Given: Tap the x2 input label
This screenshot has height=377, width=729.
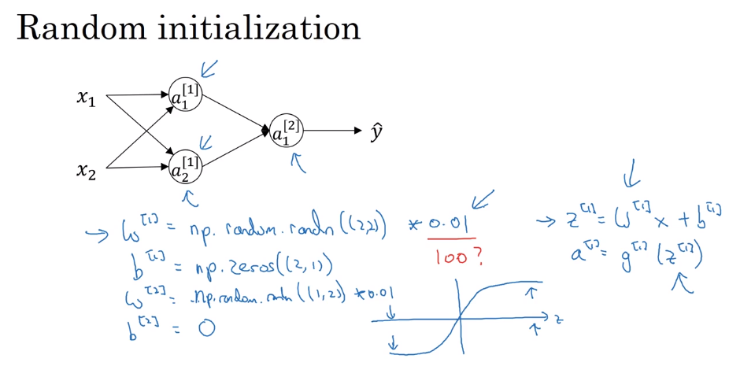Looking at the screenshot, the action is point(86,169).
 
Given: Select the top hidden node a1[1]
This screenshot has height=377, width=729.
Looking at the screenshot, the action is point(185,95).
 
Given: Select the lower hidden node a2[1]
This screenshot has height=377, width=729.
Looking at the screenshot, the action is point(185,166).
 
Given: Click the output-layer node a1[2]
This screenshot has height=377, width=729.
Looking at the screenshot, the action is point(286,131).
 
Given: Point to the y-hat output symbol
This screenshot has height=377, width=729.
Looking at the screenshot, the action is point(377,131).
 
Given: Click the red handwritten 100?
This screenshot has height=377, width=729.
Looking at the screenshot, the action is point(457,257).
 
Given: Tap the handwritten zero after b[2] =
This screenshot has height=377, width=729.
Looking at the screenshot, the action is point(206,328).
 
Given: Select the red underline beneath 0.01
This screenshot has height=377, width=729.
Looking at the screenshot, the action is point(451,238).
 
